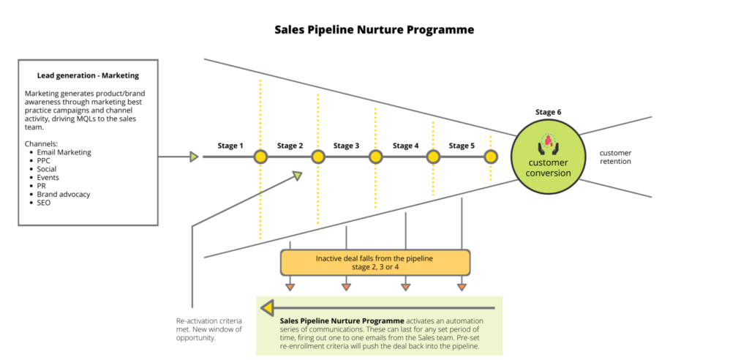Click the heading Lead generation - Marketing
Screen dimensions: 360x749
click(x=88, y=75)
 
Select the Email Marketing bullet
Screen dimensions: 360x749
click(x=64, y=152)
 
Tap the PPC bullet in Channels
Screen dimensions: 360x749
click(x=45, y=160)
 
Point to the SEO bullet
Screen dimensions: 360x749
click(x=45, y=203)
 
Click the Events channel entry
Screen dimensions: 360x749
click(x=48, y=177)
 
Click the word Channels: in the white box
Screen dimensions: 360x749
click(x=41, y=143)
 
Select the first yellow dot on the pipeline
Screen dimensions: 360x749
click(x=260, y=157)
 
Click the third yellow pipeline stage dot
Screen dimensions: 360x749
click(x=375, y=157)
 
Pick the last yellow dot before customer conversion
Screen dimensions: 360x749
click(x=491, y=157)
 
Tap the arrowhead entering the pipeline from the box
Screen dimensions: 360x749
click(x=194, y=157)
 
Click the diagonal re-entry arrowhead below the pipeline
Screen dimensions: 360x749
click(x=298, y=176)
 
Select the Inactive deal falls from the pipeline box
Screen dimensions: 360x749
click(x=375, y=263)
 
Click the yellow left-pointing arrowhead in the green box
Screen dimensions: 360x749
click(x=267, y=308)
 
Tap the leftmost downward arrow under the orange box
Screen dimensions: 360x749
click(x=290, y=287)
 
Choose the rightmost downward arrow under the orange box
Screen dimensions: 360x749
click(x=462, y=287)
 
